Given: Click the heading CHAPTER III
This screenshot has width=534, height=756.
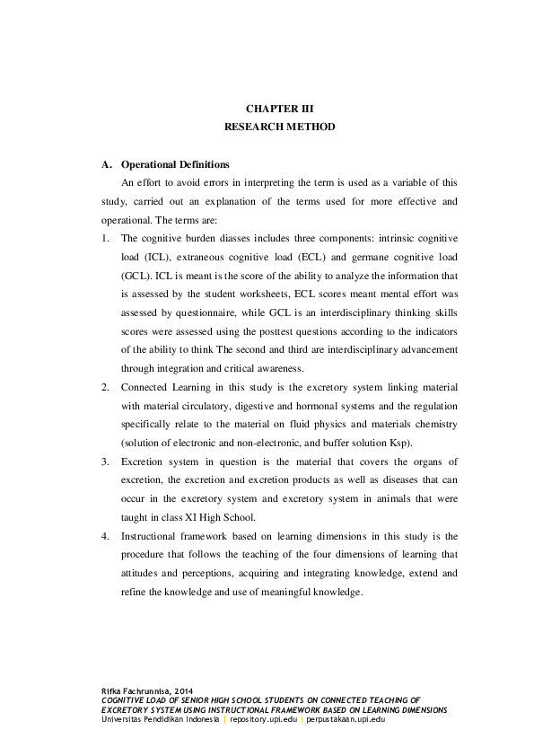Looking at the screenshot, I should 279,108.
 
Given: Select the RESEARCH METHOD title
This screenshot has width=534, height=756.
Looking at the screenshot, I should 279,127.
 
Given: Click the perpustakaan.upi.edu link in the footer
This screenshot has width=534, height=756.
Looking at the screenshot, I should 346,719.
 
